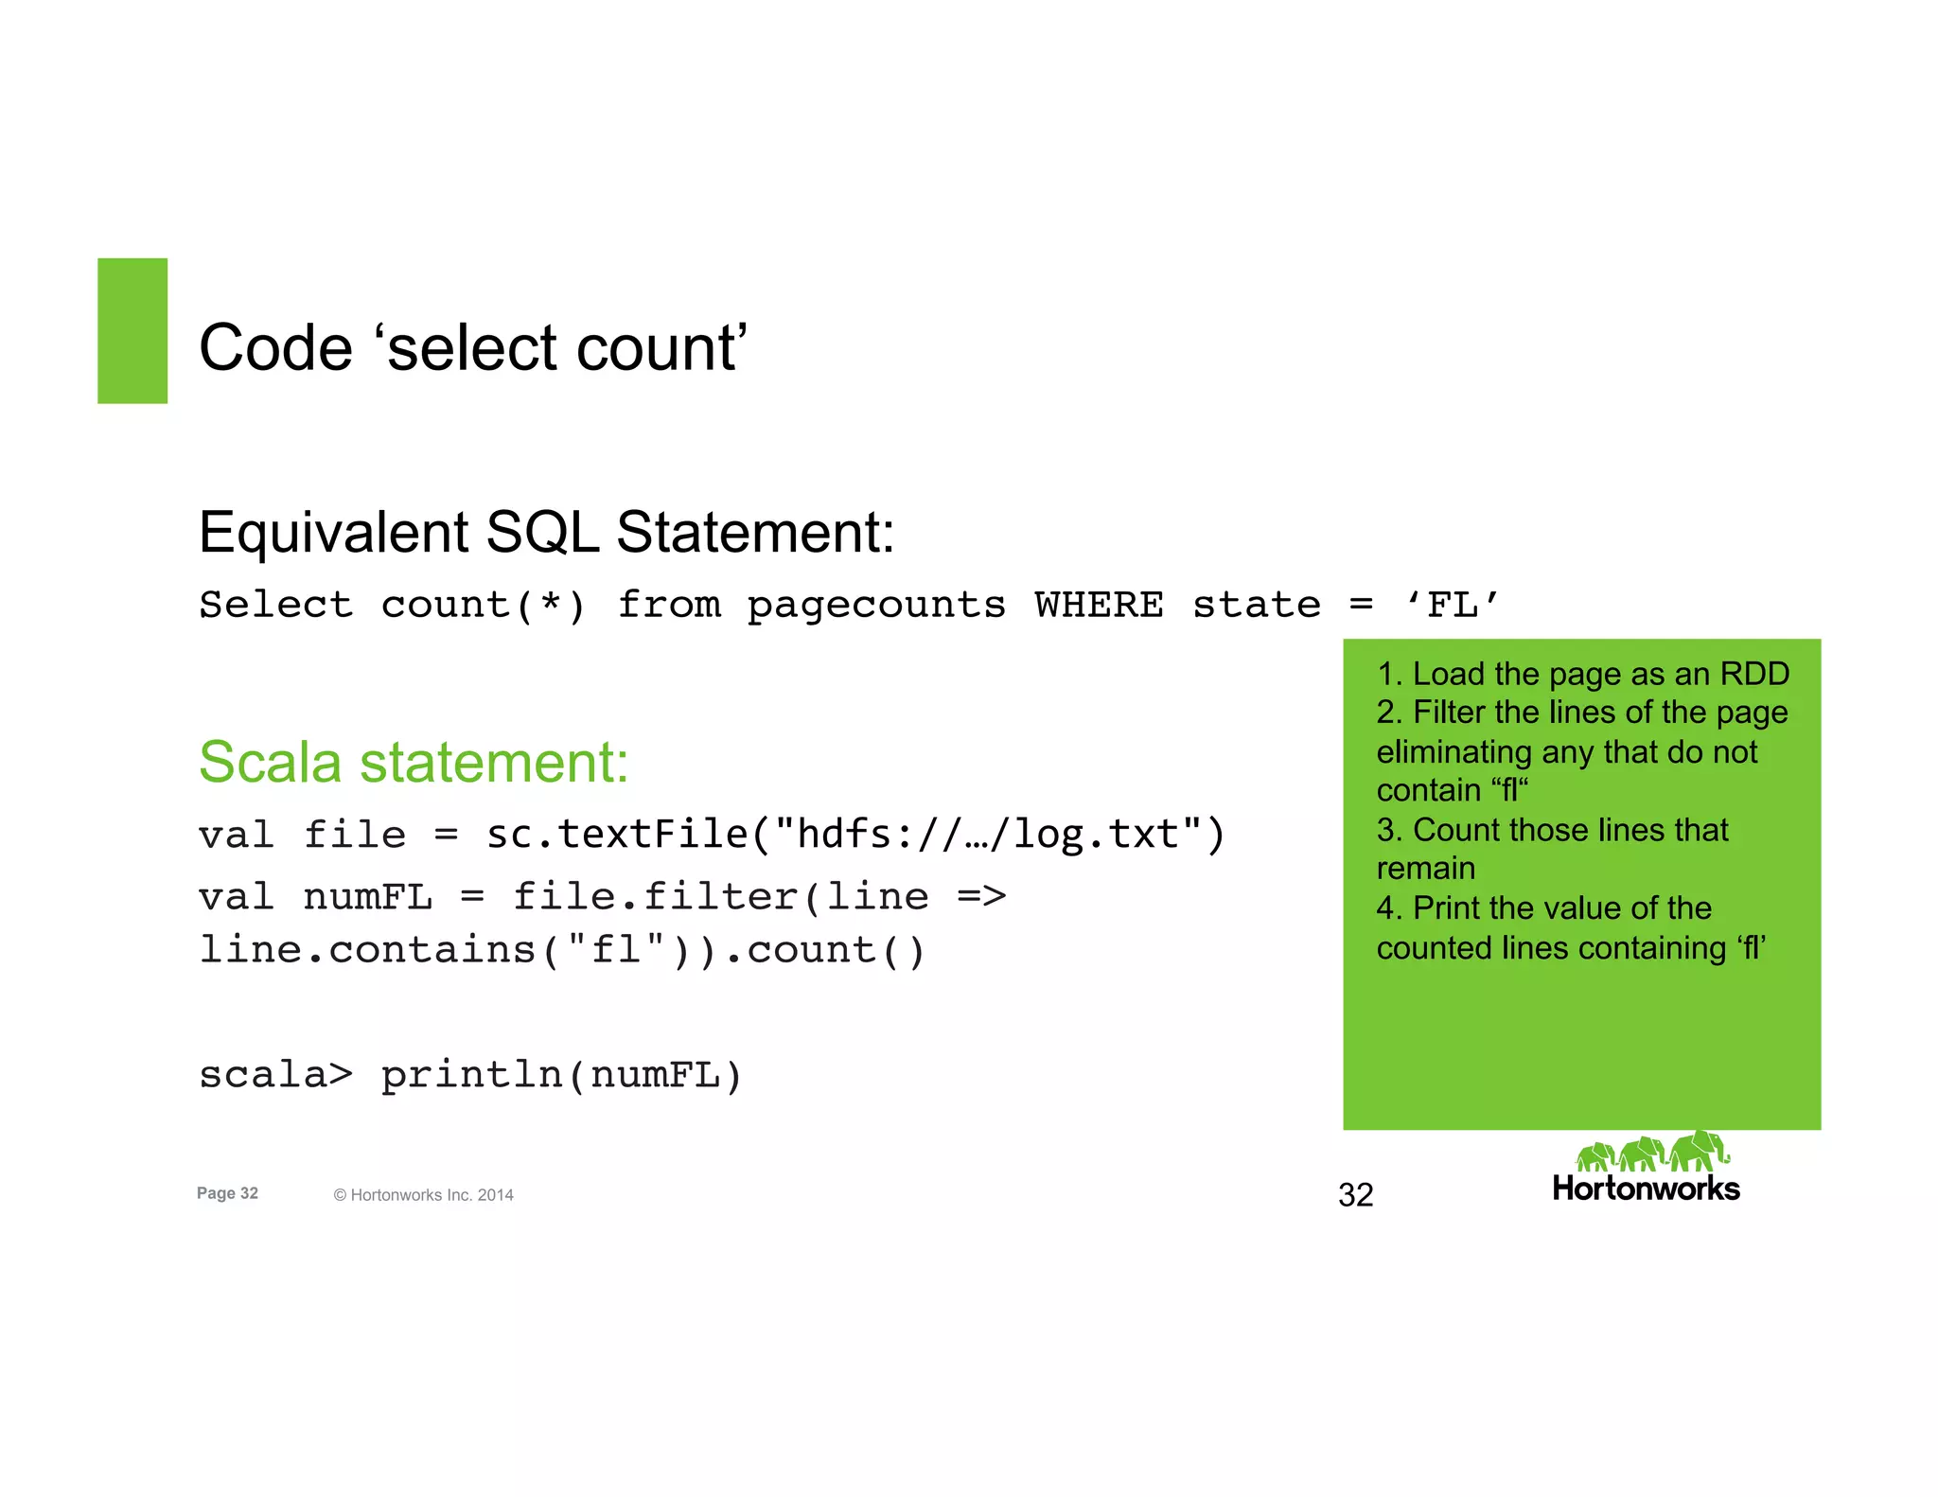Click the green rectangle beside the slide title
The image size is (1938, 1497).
click(132, 330)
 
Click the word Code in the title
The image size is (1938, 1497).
click(275, 347)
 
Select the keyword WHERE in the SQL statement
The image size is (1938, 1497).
click(1099, 604)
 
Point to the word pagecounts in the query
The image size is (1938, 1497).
click(876, 606)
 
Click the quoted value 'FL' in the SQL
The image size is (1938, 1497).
click(1453, 604)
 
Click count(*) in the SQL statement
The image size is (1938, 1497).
click(484, 605)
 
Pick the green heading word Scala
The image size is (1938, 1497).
click(270, 762)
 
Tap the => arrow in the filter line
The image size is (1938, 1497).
click(981, 895)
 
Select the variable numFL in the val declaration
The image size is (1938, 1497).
click(367, 896)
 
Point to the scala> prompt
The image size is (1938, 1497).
click(275, 1074)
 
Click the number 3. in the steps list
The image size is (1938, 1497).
click(1389, 830)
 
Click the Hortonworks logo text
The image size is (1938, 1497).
click(1646, 1189)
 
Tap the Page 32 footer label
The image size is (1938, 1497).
click(227, 1193)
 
